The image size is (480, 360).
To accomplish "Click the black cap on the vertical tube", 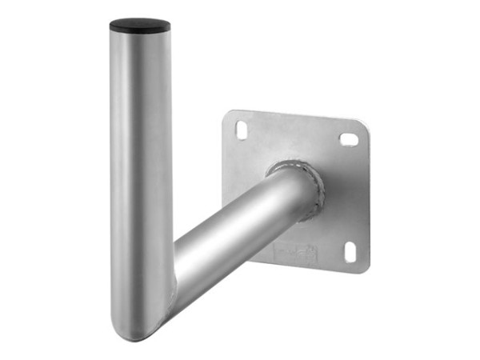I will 139,25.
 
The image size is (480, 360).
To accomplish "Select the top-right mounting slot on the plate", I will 349,139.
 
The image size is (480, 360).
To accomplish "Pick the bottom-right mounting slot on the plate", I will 350,251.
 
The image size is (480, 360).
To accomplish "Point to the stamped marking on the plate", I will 296,252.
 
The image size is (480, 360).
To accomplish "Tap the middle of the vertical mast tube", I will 139,176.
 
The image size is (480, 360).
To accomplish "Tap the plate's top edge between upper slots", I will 296,115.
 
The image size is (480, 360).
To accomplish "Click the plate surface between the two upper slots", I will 296,136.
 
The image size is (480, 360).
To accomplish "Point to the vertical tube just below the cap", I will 139,48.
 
